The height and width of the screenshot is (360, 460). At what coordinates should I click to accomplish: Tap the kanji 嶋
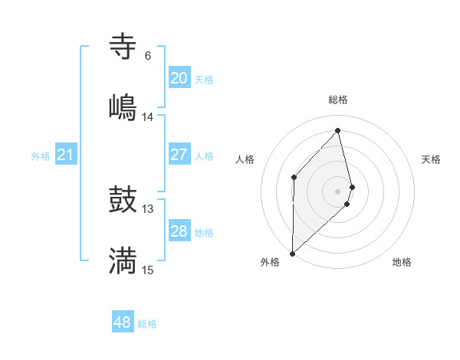point(123,106)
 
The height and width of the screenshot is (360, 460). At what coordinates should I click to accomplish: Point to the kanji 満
point(123,260)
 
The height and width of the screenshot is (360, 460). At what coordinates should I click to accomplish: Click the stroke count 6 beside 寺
point(147,56)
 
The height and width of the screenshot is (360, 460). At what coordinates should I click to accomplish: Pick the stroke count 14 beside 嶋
point(147,116)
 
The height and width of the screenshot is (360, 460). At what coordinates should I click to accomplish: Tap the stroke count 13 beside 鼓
point(147,209)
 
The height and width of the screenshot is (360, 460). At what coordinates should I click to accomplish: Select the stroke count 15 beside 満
point(147,270)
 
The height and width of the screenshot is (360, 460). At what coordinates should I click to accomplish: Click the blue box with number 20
point(179,78)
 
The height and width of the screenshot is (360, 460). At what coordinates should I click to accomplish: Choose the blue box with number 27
point(179,155)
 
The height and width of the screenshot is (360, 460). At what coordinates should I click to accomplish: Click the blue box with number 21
point(65,155)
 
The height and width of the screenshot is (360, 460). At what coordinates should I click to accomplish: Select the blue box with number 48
point(122,322)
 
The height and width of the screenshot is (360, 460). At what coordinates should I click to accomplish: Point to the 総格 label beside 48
point(147,324)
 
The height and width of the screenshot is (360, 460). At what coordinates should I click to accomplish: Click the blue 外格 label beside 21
point(41,156)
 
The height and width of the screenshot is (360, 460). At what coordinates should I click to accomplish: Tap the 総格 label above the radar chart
point(338,100)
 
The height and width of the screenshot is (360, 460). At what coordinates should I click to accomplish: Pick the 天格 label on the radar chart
point(432,159)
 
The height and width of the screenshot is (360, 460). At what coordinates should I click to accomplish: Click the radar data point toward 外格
point(292,253)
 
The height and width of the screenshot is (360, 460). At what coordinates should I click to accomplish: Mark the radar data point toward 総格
point(338,130)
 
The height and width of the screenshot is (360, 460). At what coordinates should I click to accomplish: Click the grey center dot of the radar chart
point(338,191)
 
